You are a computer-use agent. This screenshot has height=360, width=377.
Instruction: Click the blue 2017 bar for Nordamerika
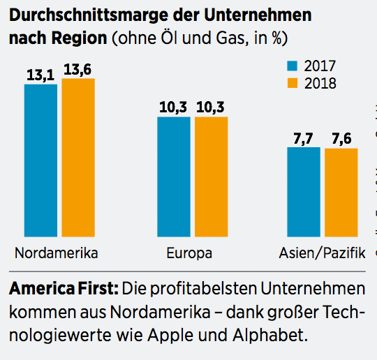[x=40, y=160]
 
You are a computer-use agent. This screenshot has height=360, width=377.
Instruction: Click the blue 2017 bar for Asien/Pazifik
[x=304, y=192]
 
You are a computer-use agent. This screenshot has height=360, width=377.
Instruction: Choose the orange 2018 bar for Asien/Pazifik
[x=341, y=193]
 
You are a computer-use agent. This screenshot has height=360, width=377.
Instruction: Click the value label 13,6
[x=78, y=69]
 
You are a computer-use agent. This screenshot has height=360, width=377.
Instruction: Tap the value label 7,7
[x=304, y=137]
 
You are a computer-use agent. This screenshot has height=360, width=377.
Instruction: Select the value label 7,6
[x=341, y=138]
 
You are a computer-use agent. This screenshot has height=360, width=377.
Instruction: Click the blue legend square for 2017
[x=293, y=66]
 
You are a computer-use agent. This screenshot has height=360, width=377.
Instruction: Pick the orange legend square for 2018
[x=293, y=83]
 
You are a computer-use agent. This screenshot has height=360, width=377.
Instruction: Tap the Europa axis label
[x=189, y=252]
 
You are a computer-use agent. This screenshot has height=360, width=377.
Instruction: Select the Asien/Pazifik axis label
[x=322, y=252]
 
